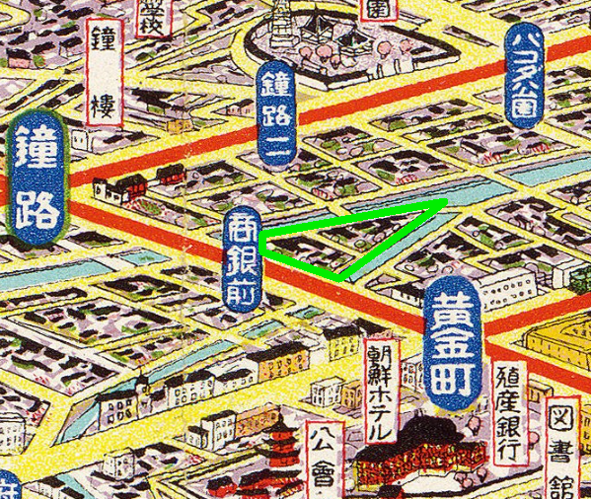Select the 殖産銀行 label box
[508, 411]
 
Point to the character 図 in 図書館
[565, 419]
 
